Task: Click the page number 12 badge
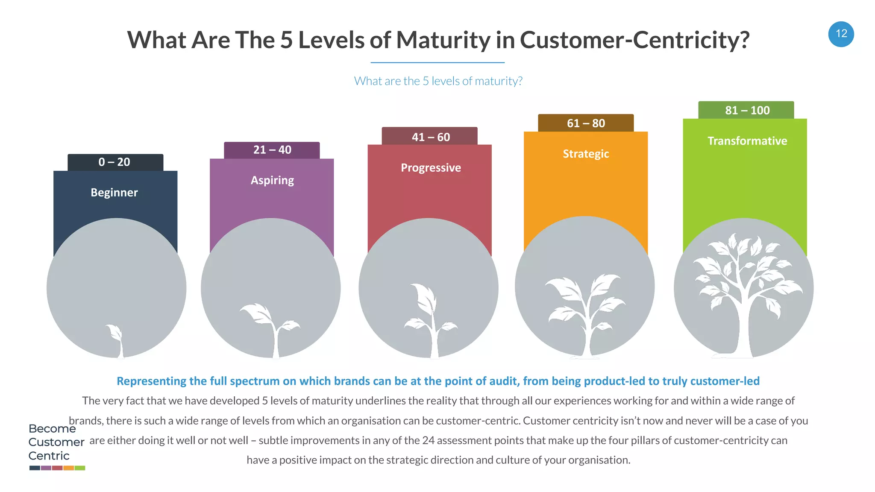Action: coord(841,34)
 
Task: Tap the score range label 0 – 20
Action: coord(115,162)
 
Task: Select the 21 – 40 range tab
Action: coord(272,150)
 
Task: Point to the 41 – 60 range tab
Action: coord(431,137)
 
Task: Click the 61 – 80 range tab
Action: coord(586,123)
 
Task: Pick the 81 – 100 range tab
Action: coord(747,111)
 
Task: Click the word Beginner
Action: coord(114,193)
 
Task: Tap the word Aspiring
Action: coord(272,180)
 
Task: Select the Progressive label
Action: coord(431,168)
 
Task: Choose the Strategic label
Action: coord(586,154)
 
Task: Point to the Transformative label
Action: coord(747,141)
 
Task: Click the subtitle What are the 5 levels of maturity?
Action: coord(438,81)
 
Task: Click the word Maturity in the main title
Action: coord(443,40)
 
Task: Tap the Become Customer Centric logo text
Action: coord(56,442)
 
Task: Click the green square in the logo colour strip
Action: coord(80,468)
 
